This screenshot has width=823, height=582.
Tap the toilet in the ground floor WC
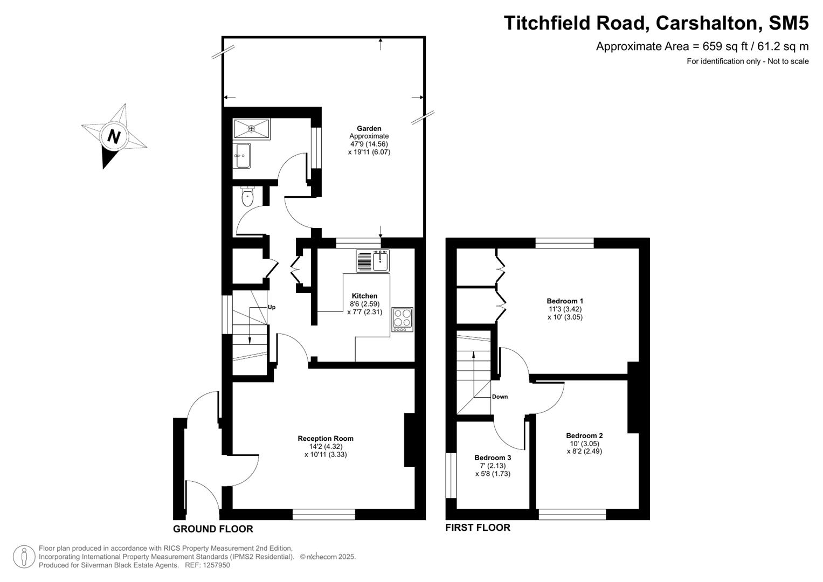(x=247, y=197)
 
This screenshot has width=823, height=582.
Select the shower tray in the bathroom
(x=251, y=129)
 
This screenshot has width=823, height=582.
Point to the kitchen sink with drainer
(x=372, y=261)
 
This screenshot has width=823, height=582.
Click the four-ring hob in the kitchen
(x=402, y=319)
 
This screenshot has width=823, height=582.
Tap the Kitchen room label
(x=364, y=296)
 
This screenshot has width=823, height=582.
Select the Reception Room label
(x=326, y=438)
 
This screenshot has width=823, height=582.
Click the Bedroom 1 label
(x=565, y=301)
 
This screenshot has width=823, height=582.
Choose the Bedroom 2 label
(x=584, y=435)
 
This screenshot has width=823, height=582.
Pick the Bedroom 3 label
(x=493, y=458)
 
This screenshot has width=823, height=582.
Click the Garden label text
(x=369, y=128)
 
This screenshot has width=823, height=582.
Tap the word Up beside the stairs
(x=272, y=307)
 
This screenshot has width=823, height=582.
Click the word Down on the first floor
(x=500, y=397)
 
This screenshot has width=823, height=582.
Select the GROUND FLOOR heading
(x=213, y=529)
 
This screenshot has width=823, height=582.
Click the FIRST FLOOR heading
(x=478, y=528)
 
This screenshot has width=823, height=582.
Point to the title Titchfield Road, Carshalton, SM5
(x=656, y=23)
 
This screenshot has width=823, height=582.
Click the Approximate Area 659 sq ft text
(x=702, y=46)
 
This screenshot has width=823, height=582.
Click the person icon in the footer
(x=24, y=557)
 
